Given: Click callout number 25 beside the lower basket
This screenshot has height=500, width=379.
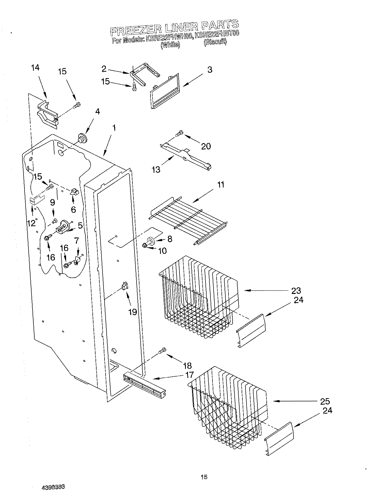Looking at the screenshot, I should tap(325, 401).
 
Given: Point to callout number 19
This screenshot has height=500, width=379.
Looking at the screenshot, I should tap(132, 312).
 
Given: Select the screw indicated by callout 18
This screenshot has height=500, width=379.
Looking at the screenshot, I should tap(162, 350).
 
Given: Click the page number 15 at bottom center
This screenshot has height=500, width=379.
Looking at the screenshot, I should tap(204, 477).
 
